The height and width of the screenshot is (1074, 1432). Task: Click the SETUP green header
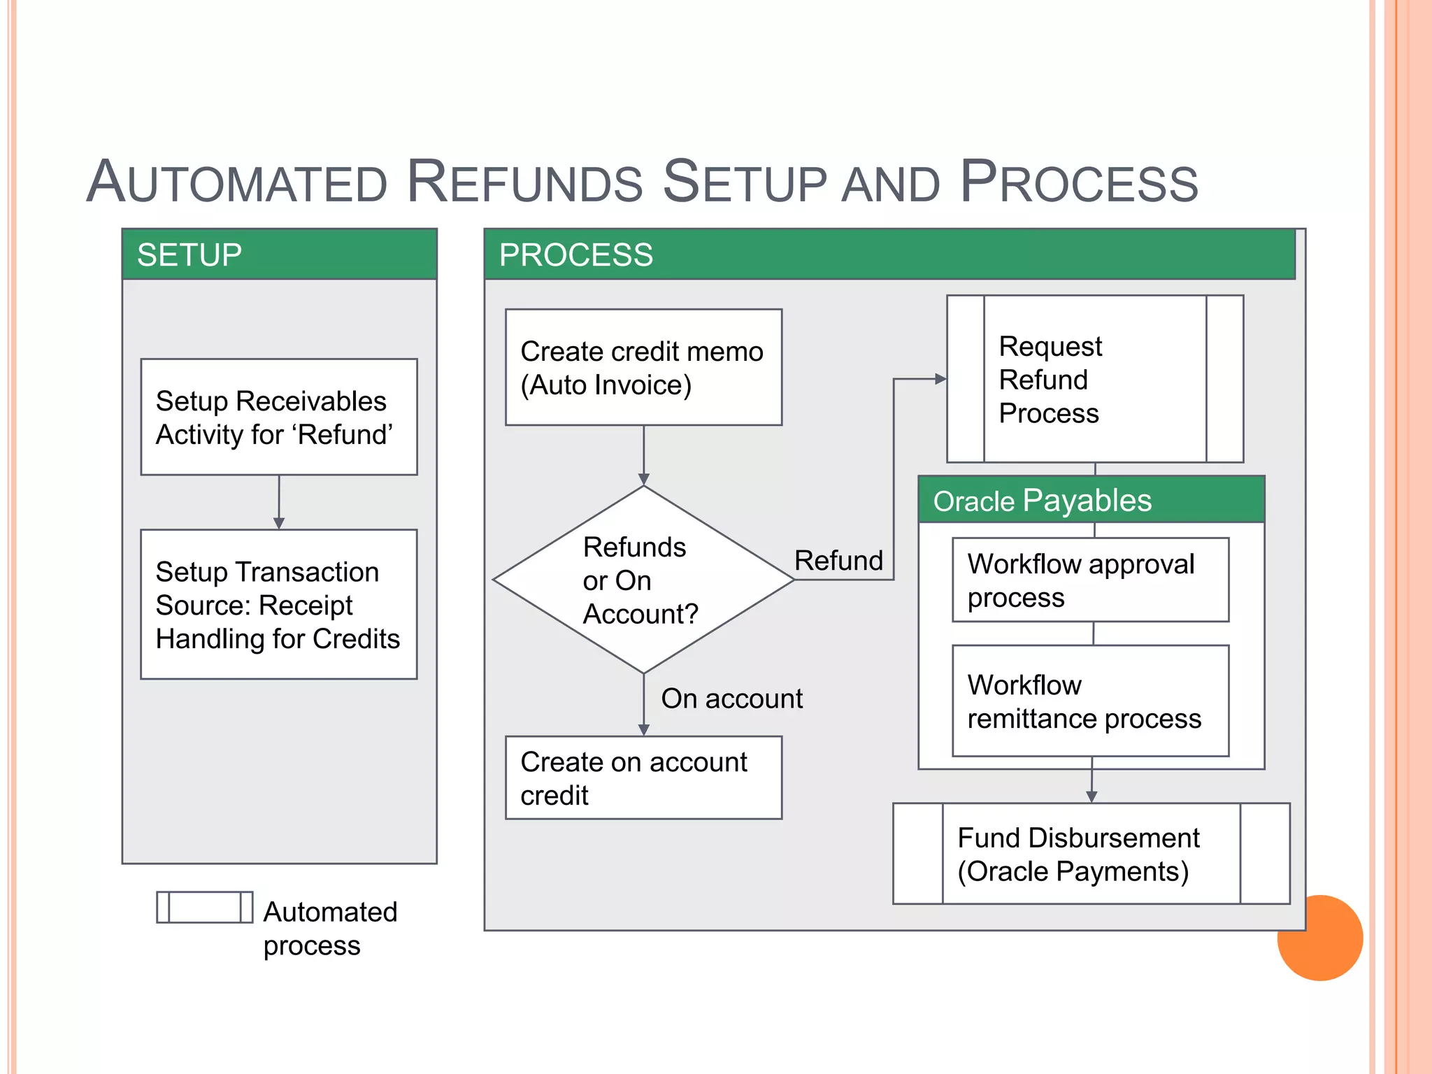279,255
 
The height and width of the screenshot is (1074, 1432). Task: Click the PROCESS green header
888,255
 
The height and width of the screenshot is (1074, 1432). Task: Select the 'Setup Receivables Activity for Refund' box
279,417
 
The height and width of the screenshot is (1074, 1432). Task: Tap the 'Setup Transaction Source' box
279,604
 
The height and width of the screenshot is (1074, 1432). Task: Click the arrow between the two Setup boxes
279,502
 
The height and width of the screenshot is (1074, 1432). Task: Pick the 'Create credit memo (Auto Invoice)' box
643,368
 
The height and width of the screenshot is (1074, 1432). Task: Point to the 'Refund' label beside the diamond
838,561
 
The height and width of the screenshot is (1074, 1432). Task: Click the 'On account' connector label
731,699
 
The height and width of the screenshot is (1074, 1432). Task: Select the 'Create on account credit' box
643,778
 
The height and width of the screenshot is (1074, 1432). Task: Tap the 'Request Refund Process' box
1094,379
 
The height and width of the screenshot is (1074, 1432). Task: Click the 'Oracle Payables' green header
1091,501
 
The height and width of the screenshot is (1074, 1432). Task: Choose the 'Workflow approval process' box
1090,580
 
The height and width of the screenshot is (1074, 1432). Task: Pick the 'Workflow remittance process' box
1090,701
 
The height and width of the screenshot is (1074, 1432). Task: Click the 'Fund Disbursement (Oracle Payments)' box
1091,854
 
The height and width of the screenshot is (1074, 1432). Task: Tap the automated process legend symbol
204,908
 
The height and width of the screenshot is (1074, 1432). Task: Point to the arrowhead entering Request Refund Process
940,379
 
